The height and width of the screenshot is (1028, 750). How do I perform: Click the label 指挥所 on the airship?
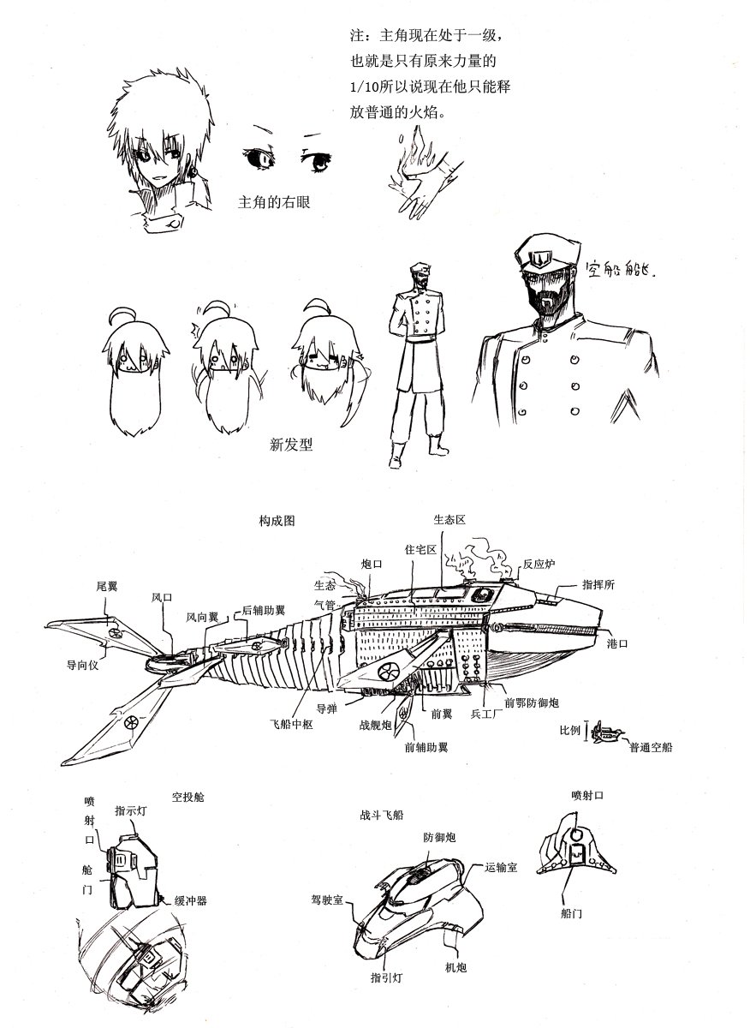[598, 584]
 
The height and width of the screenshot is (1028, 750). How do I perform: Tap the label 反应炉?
[539, 564]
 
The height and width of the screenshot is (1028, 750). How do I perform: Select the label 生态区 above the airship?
[449, 520]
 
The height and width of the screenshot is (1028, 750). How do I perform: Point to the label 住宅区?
[420, 549]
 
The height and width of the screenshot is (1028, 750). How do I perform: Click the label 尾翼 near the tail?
[107, 586]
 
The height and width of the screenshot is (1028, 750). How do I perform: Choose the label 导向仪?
[82, 665]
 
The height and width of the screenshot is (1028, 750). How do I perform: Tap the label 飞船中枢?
[291, 724]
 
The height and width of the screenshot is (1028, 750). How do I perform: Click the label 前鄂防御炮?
[532, 702]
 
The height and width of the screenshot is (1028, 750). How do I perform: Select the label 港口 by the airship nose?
[617, 644]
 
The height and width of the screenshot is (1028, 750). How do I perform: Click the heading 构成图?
[277, 521]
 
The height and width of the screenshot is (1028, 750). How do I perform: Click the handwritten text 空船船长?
[621, 269]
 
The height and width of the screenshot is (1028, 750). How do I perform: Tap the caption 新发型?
[291, 445]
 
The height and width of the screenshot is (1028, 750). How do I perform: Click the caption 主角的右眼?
[274, 202]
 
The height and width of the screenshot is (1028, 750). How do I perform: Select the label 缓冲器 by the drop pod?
[190, 900]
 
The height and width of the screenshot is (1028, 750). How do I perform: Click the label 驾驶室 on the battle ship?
[327, 899]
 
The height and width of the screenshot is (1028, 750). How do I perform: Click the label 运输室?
[502, 867]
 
